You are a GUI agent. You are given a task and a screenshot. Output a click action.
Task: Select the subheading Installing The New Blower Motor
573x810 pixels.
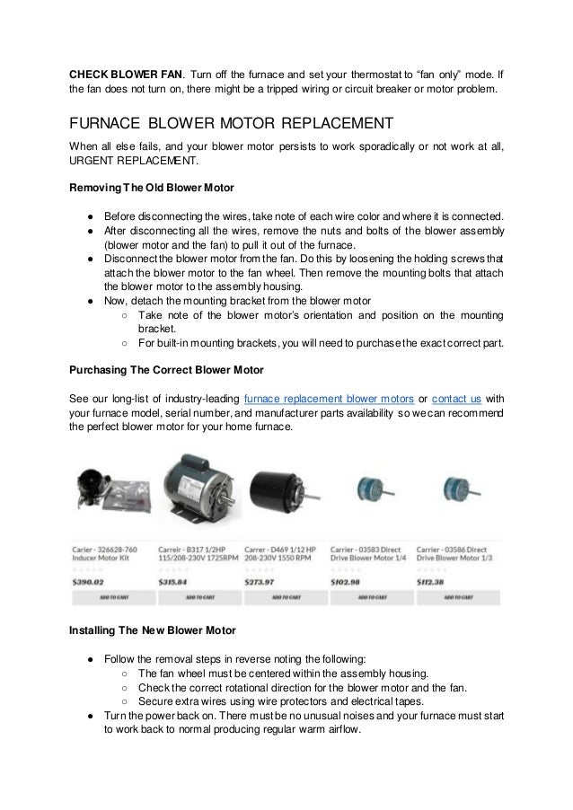coord(153,630)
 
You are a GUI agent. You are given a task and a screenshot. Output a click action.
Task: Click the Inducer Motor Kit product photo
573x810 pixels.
coord(108,497)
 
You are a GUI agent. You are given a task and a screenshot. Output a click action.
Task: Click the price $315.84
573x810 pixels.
coord(173,581)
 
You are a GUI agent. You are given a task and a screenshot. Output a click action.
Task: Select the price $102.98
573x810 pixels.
coord(346,581)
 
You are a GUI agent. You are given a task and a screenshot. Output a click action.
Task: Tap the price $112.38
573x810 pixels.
coord(432,581)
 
